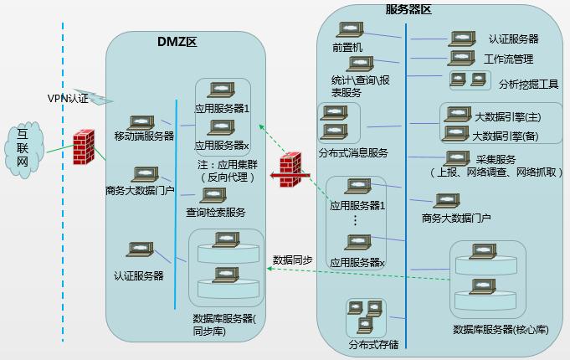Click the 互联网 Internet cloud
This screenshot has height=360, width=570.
click(24, 150)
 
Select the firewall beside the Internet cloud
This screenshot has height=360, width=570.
click(84, 147)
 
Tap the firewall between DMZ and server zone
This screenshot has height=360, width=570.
click(290, 170)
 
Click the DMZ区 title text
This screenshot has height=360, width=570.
click(177, 42)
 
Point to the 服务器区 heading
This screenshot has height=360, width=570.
click(408, 9)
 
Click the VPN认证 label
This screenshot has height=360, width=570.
click(68, 99)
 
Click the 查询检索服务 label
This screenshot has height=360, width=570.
click(216, 212)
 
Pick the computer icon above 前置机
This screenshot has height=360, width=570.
click(350, 30)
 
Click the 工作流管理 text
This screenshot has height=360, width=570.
click(509, 59)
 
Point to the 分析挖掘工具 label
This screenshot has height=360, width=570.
click(528, 85)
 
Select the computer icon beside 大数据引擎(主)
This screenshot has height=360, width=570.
click(458, 114)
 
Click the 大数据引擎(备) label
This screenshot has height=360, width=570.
click(506, 136)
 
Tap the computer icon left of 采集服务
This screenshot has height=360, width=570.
click(457, 159)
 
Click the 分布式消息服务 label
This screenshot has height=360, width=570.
click(353, 152)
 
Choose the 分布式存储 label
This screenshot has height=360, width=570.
click(373, 344)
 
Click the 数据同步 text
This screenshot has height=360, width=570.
click(293, 260)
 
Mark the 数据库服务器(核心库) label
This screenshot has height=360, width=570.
click(501, 330)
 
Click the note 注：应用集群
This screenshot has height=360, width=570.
click(228, 165)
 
